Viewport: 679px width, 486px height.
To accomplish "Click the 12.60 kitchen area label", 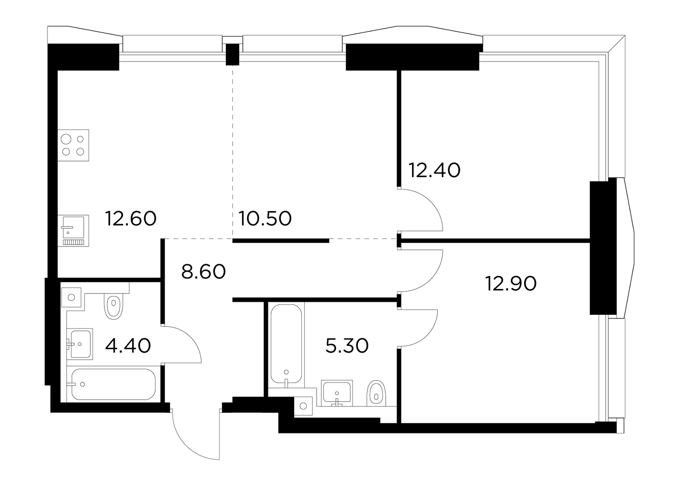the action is [131, 219].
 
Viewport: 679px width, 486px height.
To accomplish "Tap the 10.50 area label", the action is [265, 219].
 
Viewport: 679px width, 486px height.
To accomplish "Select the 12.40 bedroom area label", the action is [435, 170].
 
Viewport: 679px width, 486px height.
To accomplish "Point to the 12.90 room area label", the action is [511, 284].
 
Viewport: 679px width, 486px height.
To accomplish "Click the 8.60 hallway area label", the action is [203, 271].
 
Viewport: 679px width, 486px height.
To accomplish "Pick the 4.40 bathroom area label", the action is [128, 346].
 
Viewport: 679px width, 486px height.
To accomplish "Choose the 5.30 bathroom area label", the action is [347, 346].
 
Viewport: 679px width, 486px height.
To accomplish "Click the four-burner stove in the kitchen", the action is [73, 145].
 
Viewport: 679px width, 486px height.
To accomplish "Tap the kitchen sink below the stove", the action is [73, 231].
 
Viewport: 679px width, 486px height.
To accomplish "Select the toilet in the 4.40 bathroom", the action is [113, 306].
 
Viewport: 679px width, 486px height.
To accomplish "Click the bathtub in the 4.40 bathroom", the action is [114, 384].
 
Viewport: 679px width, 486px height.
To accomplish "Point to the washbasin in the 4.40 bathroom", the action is [80, 344].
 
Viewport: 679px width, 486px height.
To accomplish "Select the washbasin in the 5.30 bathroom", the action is [337, 393].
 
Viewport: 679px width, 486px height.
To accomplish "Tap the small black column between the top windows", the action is [233, 55].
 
